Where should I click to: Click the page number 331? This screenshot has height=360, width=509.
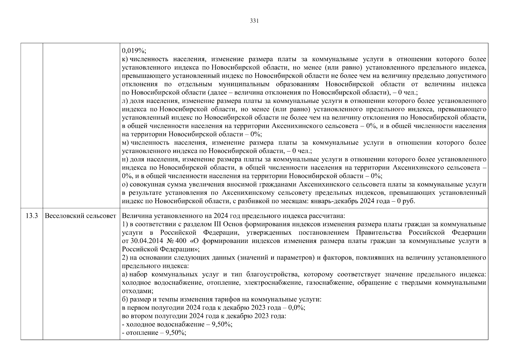coord(254,21)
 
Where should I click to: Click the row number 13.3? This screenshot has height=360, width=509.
coord(32,216)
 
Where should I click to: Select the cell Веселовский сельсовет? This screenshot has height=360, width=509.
coord(80,216)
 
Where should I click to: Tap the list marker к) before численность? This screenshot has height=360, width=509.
coord(125,59)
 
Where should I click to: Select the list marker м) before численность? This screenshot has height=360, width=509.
coord(125,143)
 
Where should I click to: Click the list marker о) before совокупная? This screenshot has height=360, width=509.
coord(125,184)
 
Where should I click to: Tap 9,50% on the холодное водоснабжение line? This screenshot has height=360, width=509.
coord(222,324)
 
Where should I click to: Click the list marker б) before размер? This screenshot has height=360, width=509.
coord(125,299)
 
